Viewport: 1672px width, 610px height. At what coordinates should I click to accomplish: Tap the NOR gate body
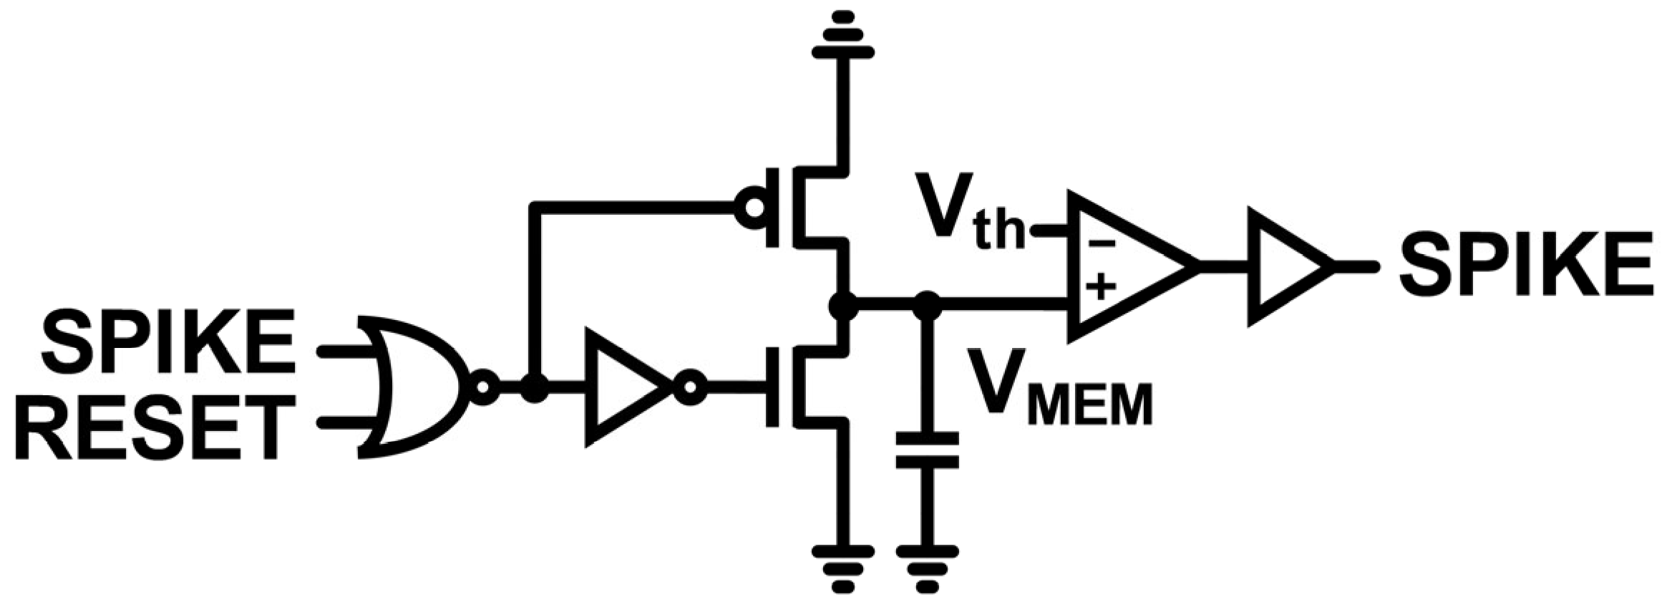415,387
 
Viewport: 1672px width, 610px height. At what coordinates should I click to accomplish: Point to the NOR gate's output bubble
482,387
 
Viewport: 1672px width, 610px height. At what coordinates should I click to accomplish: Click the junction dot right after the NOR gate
534,387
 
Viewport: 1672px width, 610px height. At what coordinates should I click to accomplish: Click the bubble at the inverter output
691,387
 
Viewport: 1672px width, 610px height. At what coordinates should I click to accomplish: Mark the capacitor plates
928,450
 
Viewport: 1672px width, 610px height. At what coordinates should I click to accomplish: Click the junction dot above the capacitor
928,306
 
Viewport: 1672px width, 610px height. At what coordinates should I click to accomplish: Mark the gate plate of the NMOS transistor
772,387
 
